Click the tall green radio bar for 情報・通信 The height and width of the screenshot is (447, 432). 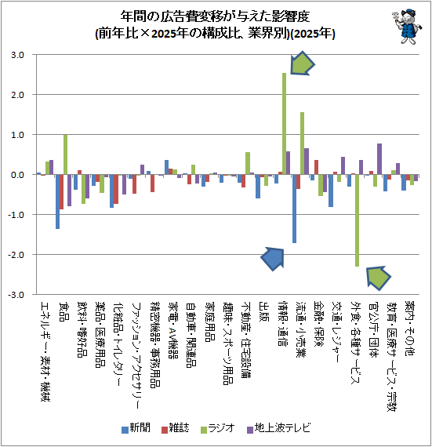(284, 124)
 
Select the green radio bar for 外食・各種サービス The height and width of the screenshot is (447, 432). (357, 220)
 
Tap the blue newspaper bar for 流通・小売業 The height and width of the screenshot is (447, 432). (294, 209)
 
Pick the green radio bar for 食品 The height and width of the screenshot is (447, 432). (65, 154)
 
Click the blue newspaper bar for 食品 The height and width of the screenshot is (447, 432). (57, 202)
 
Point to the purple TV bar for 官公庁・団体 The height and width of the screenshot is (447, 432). (379, 159)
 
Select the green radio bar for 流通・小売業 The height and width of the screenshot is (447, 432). (303, 144)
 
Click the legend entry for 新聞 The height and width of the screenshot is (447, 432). (136, 428)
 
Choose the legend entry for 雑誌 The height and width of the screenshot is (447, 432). (175, 428)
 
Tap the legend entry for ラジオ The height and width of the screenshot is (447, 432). (218, 428)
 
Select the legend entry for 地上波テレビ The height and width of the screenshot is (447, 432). (278, 428)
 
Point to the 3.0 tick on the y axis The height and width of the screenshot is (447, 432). (17, 55)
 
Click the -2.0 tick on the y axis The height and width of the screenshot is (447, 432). (16, 255)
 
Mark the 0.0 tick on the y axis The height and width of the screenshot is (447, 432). (17, 175)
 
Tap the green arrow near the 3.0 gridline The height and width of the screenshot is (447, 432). (302, 64)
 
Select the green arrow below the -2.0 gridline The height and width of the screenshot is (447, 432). (378, 278)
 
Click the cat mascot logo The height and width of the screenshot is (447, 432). (407, 26)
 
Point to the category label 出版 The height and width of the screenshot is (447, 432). (263, 311)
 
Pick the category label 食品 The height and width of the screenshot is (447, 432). (64, 311)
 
